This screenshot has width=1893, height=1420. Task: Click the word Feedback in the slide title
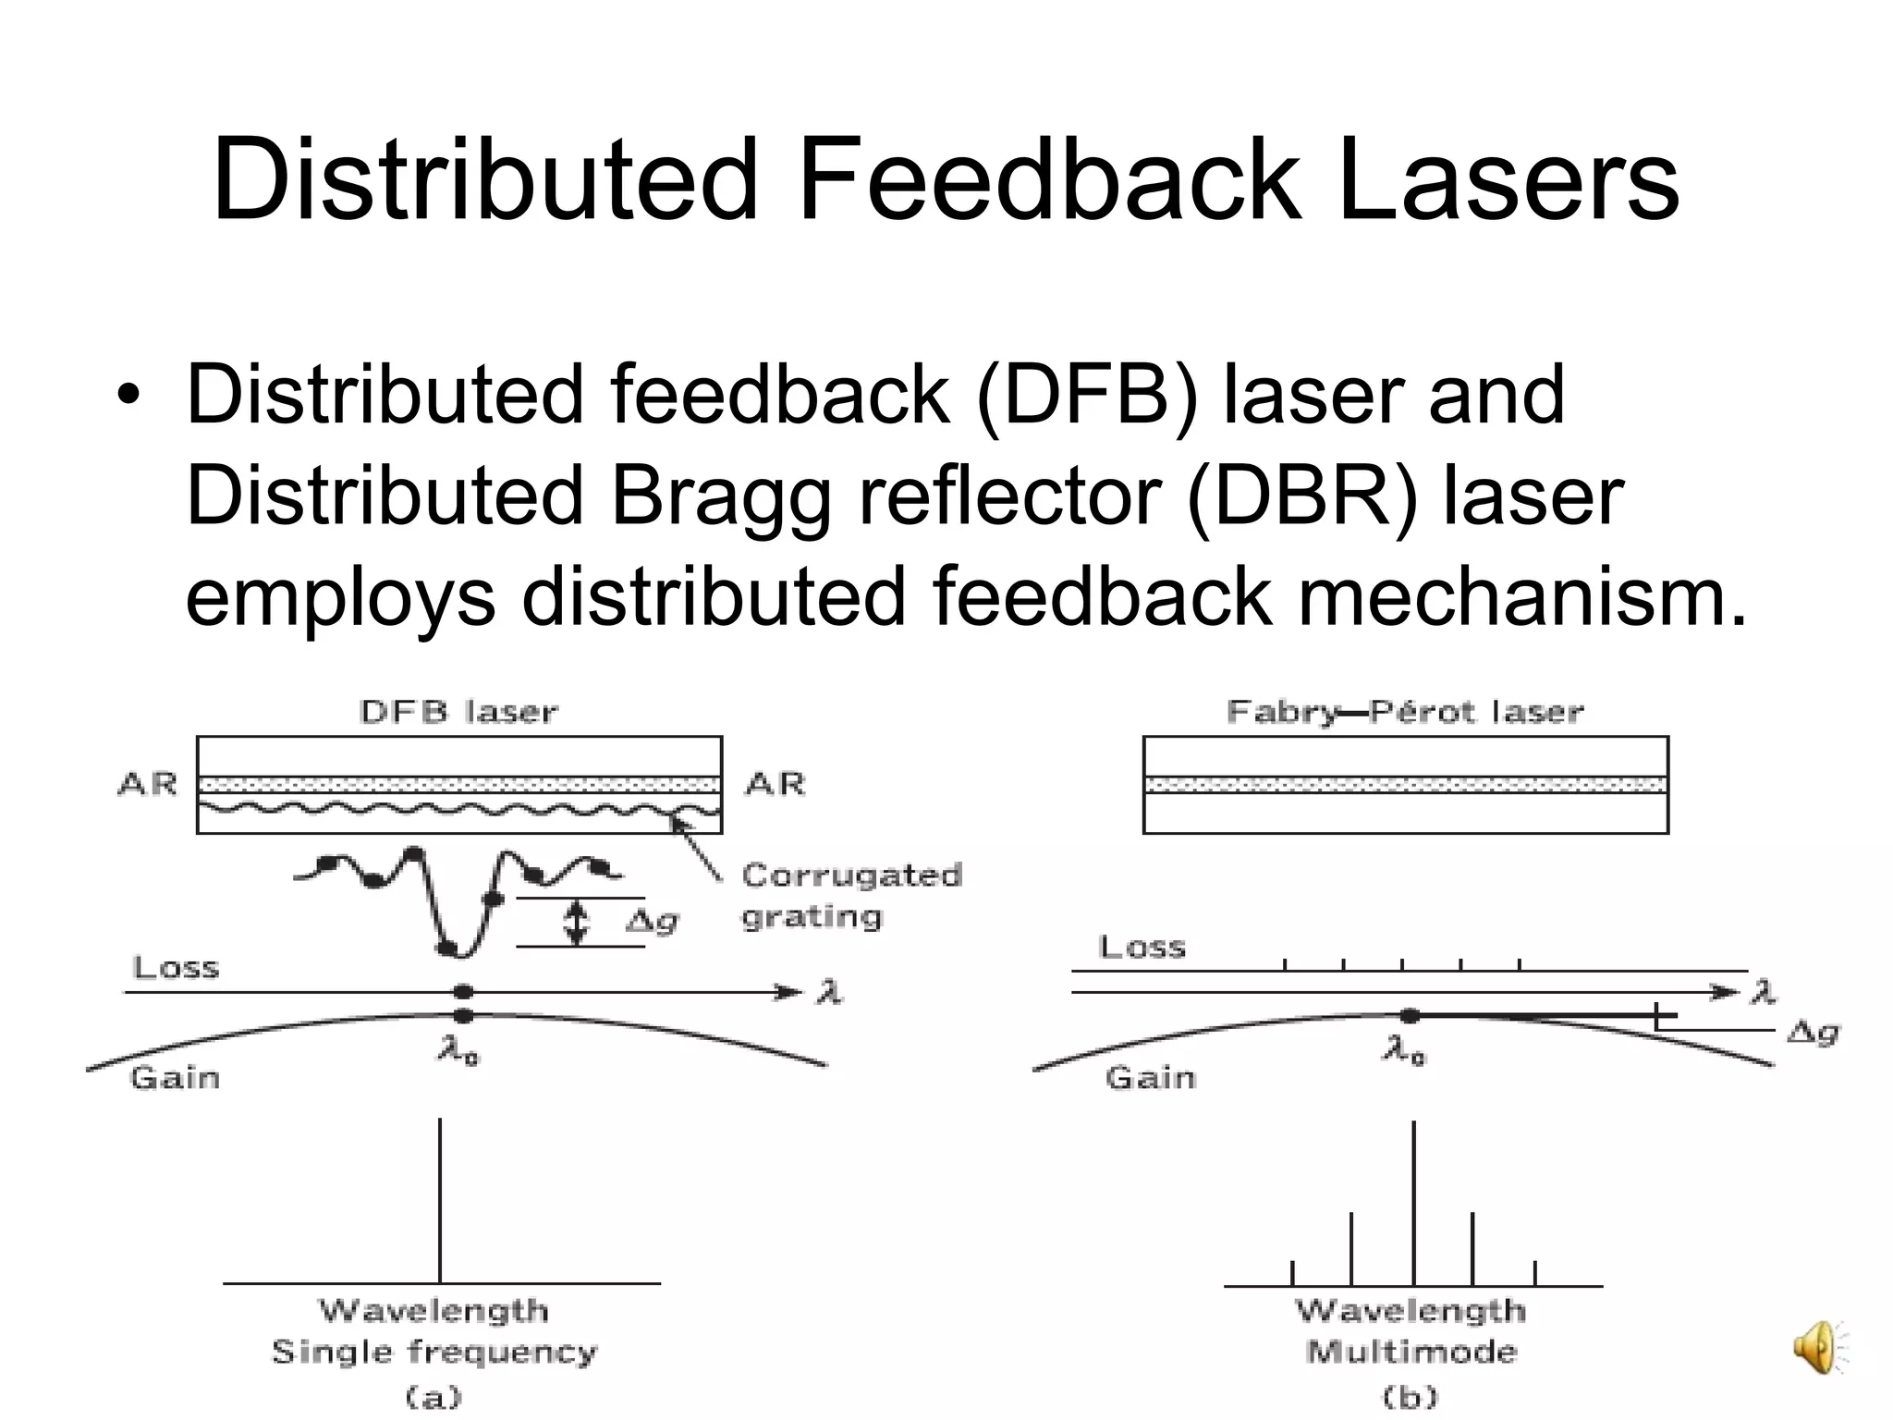pyautogui.click(x=1049, y=179)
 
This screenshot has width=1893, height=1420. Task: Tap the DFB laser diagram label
pyautogui.click(x=458, y=712)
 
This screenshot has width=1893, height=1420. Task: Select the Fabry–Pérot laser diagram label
pyautogui.click(x=1405, y=712)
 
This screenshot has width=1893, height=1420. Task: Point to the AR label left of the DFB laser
pyautogui.click(x=148, y=784)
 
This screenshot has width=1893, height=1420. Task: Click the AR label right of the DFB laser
pyautogui.click(x=775, y=784)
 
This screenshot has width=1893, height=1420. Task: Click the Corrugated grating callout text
pyautogui.click(x=850, y=895)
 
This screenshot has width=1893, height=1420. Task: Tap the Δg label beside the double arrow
pyautogui.click(x=653, y=921)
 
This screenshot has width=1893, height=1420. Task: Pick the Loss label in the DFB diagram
pyautogui.click(x=176, y=968)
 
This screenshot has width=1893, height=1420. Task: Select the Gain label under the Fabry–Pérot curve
pyautogui.click(x=1150, y=1077)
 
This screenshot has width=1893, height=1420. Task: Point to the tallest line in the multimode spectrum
pyautogui.click(x=1413, y=1202)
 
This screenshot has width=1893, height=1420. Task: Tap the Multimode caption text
pyautogui.click(x=1411, y=1352)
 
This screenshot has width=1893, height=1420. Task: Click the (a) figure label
pyautogui.click(x=434, y=1396)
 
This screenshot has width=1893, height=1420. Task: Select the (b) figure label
pyautogui.click(x=1411, y=1396)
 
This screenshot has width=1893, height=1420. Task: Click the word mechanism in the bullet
pyautogui.click(x=1521, y=597)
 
